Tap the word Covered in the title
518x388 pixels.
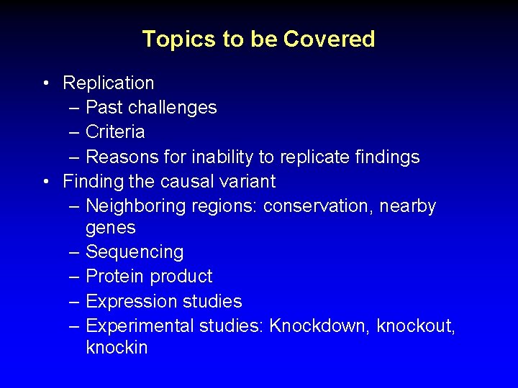coord(330,39)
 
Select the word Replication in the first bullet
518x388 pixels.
coord(109,83)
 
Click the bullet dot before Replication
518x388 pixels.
coord(45,83)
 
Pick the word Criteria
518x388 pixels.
coord(115,132)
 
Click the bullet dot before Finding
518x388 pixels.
coord(45,180)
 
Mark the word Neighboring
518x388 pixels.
coord(135,206)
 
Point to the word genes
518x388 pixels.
coord(110,228)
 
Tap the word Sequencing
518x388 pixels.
coord(135,252)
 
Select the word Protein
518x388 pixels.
coord(113,277)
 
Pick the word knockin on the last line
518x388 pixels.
coord(117,348)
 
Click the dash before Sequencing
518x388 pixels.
coord(75,252)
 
